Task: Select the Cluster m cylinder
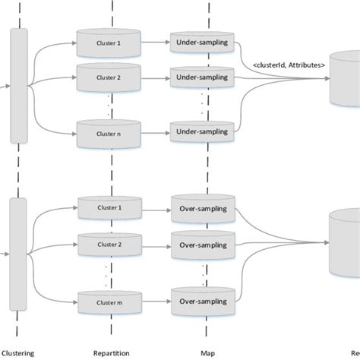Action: point(108,302)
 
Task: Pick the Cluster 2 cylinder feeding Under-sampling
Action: point(108,77)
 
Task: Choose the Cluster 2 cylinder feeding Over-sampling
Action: point(108,245)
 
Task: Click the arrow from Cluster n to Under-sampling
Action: point(155,134)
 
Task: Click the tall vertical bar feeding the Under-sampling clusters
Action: point(20,85)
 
